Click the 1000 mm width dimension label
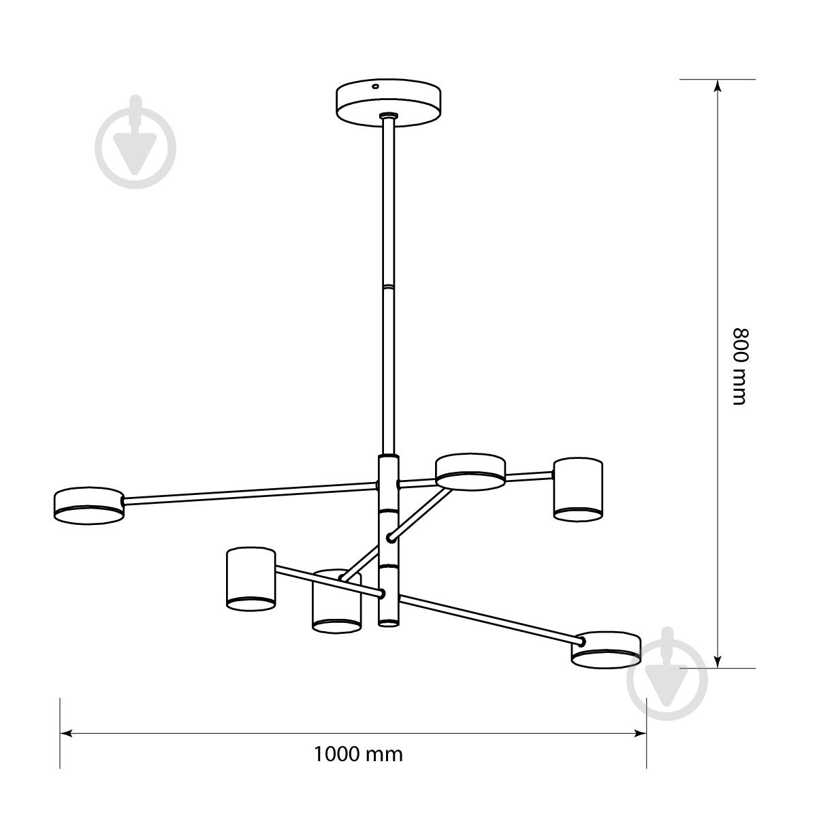click(x=358, y=754)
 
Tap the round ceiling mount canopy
click(x=388, y=103)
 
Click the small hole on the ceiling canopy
click(x=374, y=86)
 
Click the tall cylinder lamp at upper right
click(x=578, y=490)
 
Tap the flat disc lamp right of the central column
click(x=470, y=472)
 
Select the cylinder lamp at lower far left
click(x=251, y=579)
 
